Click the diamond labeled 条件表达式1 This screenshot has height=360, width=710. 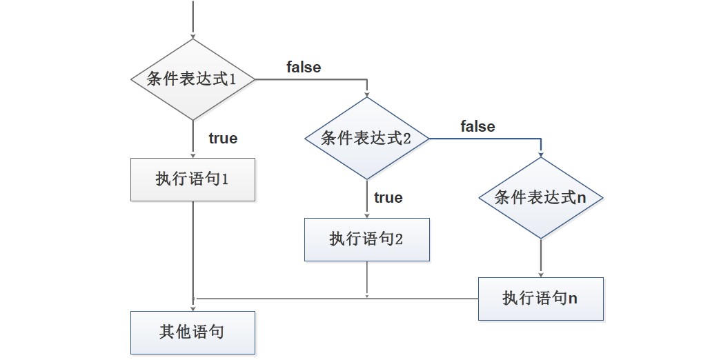tap(193, 79)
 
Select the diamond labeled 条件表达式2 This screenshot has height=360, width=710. tap(367, 139)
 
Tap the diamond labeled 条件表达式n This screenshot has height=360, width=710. tap(540, 198)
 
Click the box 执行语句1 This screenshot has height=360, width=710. tap(193, 179)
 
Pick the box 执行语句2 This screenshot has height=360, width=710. tap(367, 239)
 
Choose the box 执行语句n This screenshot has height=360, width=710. tap(540, 299)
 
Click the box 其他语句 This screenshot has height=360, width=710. tap(193, 332)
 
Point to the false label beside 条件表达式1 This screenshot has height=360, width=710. tap(304, 67)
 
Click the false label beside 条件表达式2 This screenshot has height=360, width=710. tap(477, 126)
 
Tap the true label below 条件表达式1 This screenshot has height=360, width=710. tap(223, 138)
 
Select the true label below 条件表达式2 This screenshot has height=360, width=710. tap(388, 197)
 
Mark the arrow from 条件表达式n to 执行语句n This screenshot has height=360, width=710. tap(540, 258)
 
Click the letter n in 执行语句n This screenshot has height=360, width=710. tap(573, 299)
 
